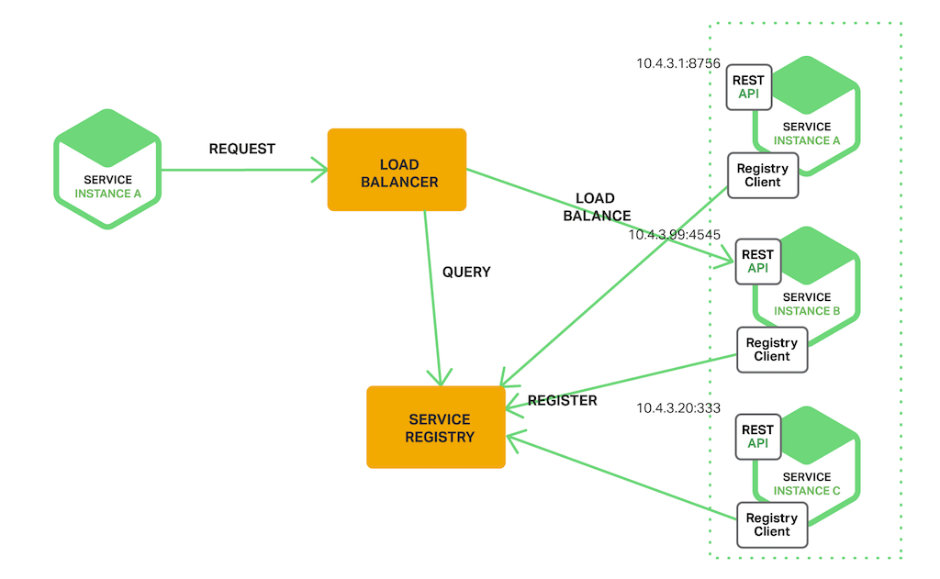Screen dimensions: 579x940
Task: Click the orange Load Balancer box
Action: pos(397,170)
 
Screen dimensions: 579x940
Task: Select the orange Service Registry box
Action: pos(436,428)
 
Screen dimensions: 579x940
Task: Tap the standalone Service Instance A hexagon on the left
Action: pos(107,170)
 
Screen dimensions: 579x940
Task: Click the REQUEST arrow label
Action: pos(242,149)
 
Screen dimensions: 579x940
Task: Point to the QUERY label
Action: pos(466,272)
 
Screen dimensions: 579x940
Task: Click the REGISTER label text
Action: pos(562,400)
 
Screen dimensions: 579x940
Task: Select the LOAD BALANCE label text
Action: pos(596,207)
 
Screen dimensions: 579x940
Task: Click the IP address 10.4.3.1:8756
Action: pos(678,63)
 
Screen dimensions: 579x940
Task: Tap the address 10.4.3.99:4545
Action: pos(674,235)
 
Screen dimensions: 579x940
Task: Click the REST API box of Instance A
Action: pos(749,87)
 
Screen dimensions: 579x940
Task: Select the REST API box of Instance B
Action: pos(757,262)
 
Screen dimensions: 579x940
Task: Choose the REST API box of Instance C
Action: pos(757,437)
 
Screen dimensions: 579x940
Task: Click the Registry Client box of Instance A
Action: pos(762,175)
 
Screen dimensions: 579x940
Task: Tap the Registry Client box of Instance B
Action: pos(771,350)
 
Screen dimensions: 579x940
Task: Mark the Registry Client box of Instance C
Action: pos(771,525)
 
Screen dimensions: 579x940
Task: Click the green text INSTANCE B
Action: pos(807,311)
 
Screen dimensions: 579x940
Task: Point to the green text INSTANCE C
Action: pos(807,491)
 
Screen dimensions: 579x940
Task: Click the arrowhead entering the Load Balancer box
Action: pos(320,170)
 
